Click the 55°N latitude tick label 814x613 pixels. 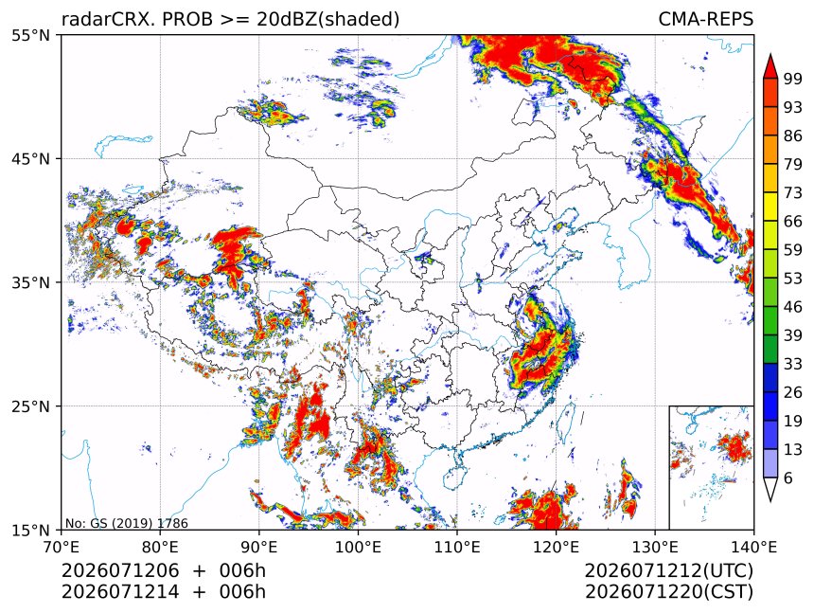[x=30, y=36]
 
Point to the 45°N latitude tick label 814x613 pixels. [x=30, y=159]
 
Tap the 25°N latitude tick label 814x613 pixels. [x=30, y=406]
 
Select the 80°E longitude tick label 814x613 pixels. [x=160, y=547]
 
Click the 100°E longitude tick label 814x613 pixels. [x=358, y=547]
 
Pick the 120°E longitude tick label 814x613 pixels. [x=556, y=547]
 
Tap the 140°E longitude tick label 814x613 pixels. [x=753, y=547]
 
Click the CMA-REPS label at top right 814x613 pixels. [x=705, y=19]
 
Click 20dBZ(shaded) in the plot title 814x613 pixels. [x=328, y=20]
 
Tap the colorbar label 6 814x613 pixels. [x=788, y=478]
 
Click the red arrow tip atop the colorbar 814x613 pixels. [x=770, y=54]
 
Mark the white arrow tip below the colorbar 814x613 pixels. [x=770, y=501]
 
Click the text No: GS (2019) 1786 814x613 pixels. [x=127, y=523]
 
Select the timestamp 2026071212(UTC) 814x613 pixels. [x=668, y=570]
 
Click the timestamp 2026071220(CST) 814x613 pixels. [x=668, y=592]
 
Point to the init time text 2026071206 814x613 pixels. [x=120, y=570]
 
